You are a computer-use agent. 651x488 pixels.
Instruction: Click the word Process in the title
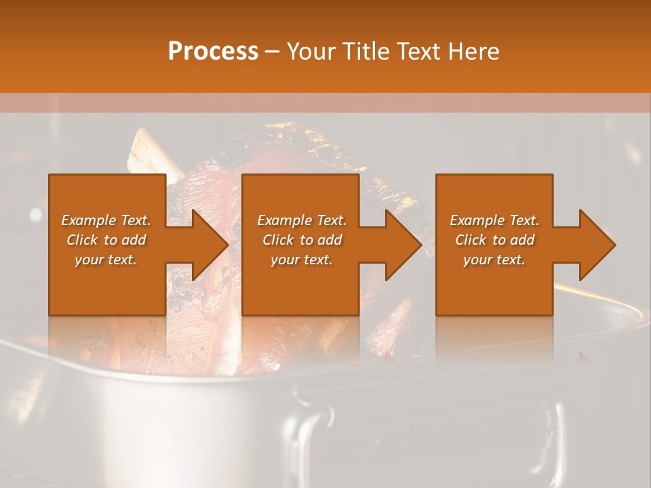[x=213, y=52]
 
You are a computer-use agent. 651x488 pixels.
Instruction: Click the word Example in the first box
[x=89, y=220]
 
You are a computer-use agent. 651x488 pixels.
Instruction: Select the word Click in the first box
[x=83, y=240]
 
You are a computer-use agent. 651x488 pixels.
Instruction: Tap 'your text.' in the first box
[x=106, y=260]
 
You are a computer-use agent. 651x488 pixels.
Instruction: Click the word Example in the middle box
[x=285, y=220]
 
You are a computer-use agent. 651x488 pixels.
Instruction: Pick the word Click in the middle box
[x=279, y=240]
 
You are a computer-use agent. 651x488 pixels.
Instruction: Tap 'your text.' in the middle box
[x=301, y=260]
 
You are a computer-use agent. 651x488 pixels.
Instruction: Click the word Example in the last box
[x=477, y=220]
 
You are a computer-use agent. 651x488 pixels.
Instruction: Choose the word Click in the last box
[x=471, y=240]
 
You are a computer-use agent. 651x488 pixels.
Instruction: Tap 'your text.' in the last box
[x=494, y=260]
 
